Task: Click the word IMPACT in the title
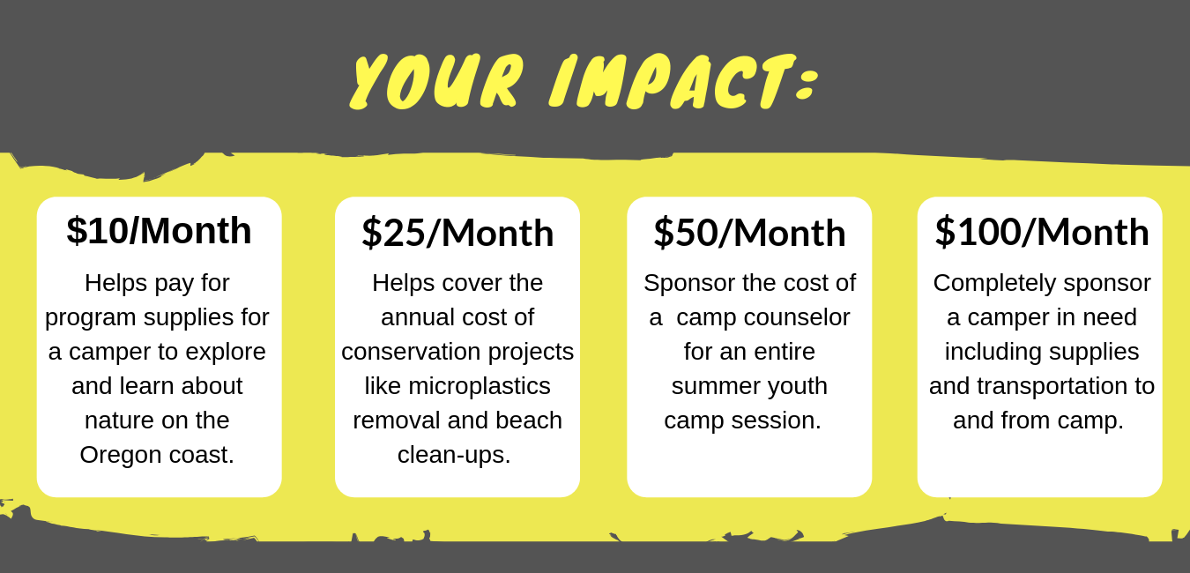pos(672,81)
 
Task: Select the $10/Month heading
pos(159,231)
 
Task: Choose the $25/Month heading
pos(457,233)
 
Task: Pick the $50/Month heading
pos(749,233)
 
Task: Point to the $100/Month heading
pos(1042,232)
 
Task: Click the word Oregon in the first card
pos(120,456)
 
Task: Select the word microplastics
pos(480,387)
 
